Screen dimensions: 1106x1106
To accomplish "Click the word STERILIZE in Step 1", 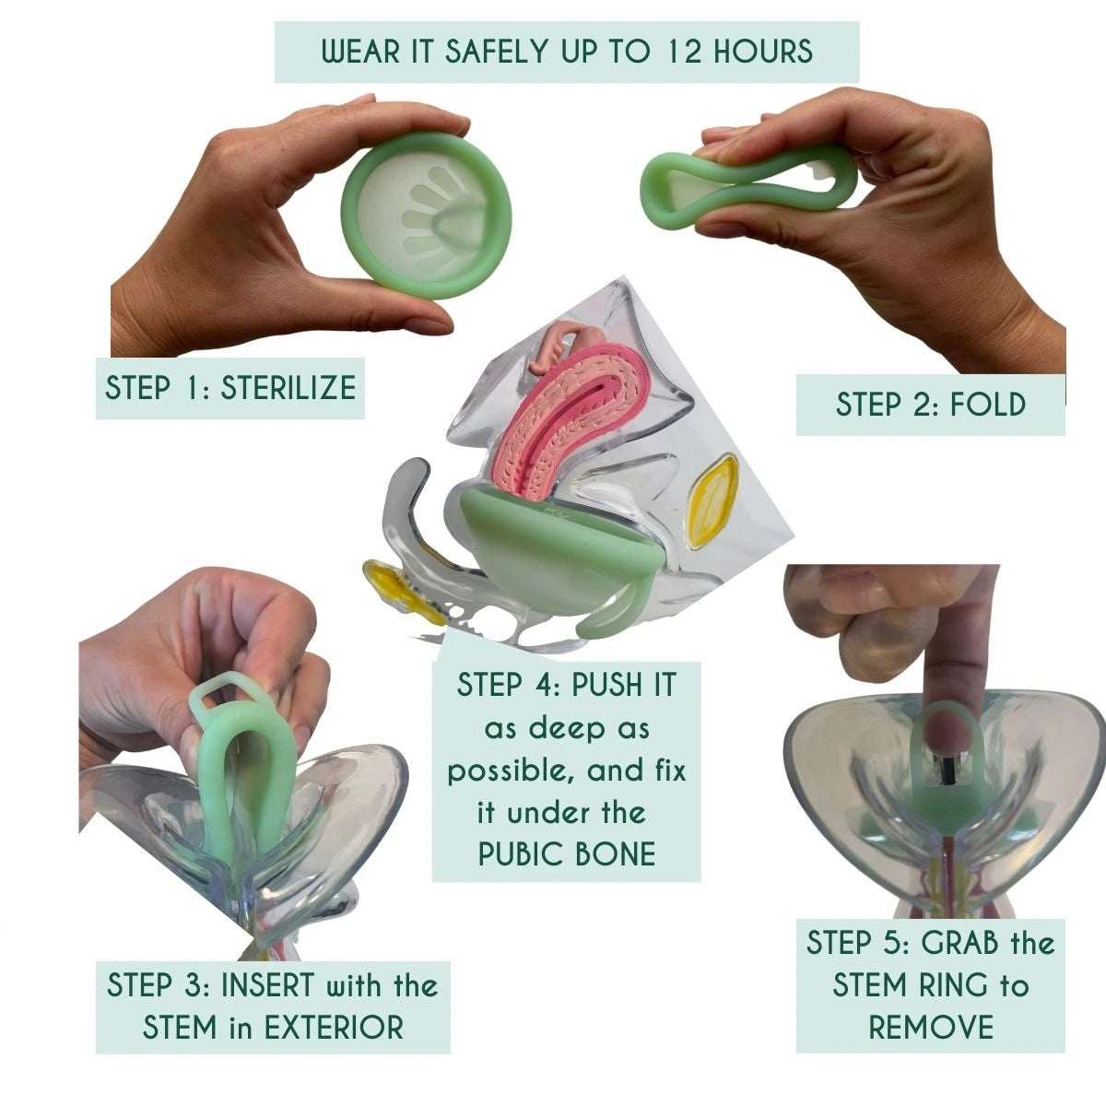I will (x=288, y=387).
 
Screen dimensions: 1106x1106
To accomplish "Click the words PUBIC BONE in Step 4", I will (x=567, y=853).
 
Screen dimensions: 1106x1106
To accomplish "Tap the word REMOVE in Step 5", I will (x=931, y=1027).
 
